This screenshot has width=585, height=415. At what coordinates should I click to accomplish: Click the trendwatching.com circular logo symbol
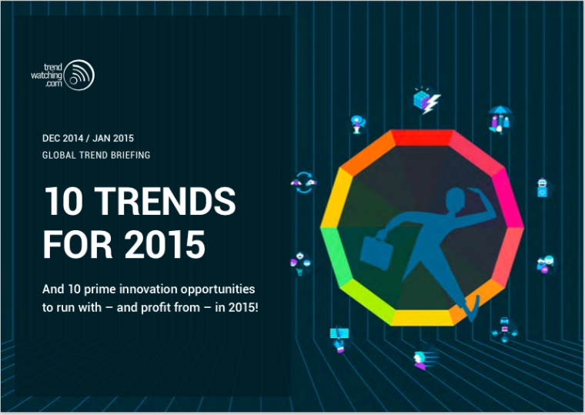(79, 75)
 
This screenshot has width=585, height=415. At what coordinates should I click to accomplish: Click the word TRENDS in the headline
(165, 201)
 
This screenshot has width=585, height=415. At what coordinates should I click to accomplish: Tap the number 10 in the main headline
(63, 201)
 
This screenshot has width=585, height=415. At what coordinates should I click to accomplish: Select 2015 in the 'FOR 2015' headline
(165, 244)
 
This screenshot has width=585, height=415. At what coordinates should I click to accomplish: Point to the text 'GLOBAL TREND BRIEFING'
(96, 155)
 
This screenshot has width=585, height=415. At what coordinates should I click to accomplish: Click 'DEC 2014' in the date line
(62, 138)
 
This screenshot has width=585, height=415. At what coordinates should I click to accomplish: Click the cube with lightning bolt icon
(426, 100)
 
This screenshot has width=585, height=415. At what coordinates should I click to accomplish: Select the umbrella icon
(500, 119)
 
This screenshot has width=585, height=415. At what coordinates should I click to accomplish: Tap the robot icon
(543, 187)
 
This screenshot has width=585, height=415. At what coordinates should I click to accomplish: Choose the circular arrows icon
(304, 182)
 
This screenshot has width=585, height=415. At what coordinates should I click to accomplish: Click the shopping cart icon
(300, 264)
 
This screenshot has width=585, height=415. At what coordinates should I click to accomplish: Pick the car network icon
(504, 330)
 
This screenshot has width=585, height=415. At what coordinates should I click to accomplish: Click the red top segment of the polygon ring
(423, 137)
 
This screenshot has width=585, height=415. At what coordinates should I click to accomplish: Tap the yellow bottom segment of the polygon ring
(423, 318)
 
